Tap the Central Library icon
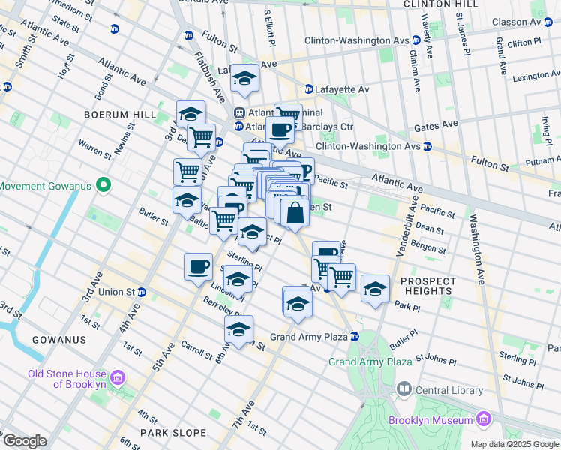coord(404,388)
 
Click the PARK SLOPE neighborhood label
coord(172,433)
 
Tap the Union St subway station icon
coord(141,292)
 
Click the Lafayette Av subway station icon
coord(307,89)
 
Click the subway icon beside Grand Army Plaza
coord(355,337)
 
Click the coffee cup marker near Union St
coord(199,267)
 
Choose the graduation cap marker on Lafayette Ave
coord(244,77)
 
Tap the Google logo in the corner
coord(24,441)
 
